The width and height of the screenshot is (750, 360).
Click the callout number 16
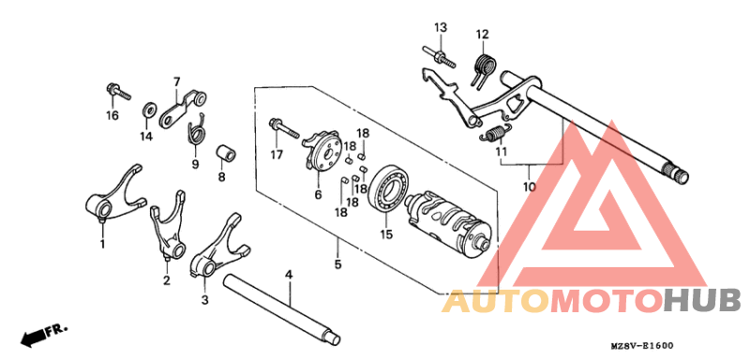coord(112,115)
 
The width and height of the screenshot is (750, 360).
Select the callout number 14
coord(145,136)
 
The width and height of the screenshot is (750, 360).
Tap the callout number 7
coord(175,81)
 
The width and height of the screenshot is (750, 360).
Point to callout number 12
coord(482,35)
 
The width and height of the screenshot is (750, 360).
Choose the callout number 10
coord(529,187)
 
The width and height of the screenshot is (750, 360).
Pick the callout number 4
coord(290,274)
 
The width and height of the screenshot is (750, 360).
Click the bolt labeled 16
coord(114,92)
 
